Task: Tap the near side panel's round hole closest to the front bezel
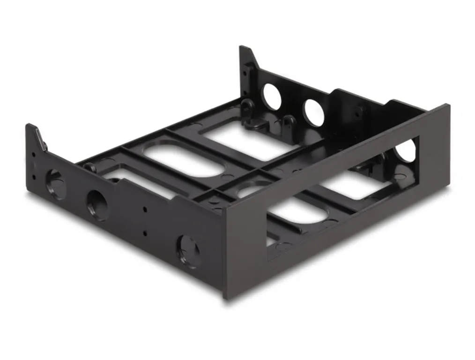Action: coord(188,251)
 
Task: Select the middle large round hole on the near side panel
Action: coord(97,205)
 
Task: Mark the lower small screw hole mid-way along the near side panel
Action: coord(145,232)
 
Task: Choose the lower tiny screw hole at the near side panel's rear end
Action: coord(34,176)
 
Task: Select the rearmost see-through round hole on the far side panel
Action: coord(272,97)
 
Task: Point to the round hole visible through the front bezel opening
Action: coord(406,151)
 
